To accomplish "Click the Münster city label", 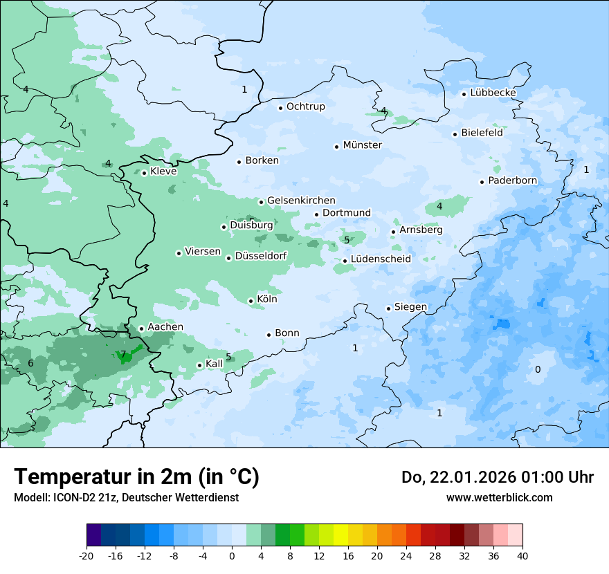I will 362,145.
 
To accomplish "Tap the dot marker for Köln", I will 251,301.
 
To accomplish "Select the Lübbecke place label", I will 493,93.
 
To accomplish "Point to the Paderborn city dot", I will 482,182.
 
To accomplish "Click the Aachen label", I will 165,327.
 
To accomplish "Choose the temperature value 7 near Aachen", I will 123,355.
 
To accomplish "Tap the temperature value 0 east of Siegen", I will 538,370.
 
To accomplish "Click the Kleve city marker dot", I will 144,173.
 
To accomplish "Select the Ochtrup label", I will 305,107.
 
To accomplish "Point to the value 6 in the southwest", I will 30,364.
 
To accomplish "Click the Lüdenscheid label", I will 381,259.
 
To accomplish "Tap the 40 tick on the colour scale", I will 522,555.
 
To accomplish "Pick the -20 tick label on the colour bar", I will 87,555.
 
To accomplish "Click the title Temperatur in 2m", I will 136,476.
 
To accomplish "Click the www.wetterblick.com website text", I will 499,497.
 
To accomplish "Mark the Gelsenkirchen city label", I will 301,201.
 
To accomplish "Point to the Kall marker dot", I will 199,365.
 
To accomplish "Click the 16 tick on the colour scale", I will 347,555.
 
